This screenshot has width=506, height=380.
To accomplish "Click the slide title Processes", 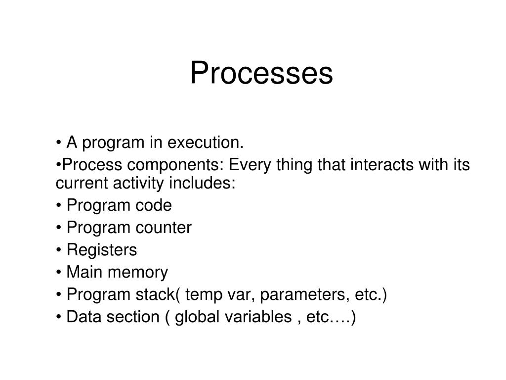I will pyautogui.click(x=261, y=73).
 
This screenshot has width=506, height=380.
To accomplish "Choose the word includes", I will pyautogui.click(x=203, y=183).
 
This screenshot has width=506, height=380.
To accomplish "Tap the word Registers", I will pyautogui.click(x=101, y=250).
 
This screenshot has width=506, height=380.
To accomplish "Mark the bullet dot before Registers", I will pyautogui.click(x=59, y=250).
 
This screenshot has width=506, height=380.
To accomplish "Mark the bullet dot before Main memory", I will pyautogui.click(x=59, y=273).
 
